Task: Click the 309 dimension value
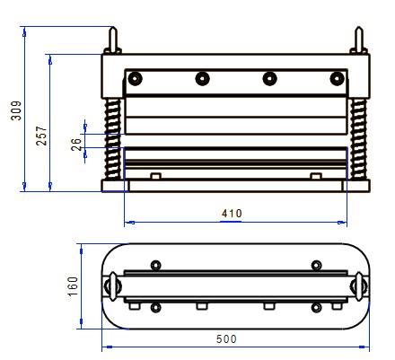pyautogui.click(x=16, y=110)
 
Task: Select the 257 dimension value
pyautogui.click(x=41, y=136)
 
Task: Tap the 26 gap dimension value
pyautogui.click(x=76, y=145)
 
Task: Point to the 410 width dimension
pyautogui.click(x=232, y=214)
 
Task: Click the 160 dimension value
pyautogui.click(x=73, y=286)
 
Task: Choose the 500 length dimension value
pyautogui.click(x=226, y=339)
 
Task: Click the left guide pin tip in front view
pyautogui.click(x=113, y=28)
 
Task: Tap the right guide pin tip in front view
pyautogui.click(x=359, y=28)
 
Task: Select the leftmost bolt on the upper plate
pyautogui.click(x=135, y=79)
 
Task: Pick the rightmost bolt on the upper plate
pyautogui.click(x=337, y=79)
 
